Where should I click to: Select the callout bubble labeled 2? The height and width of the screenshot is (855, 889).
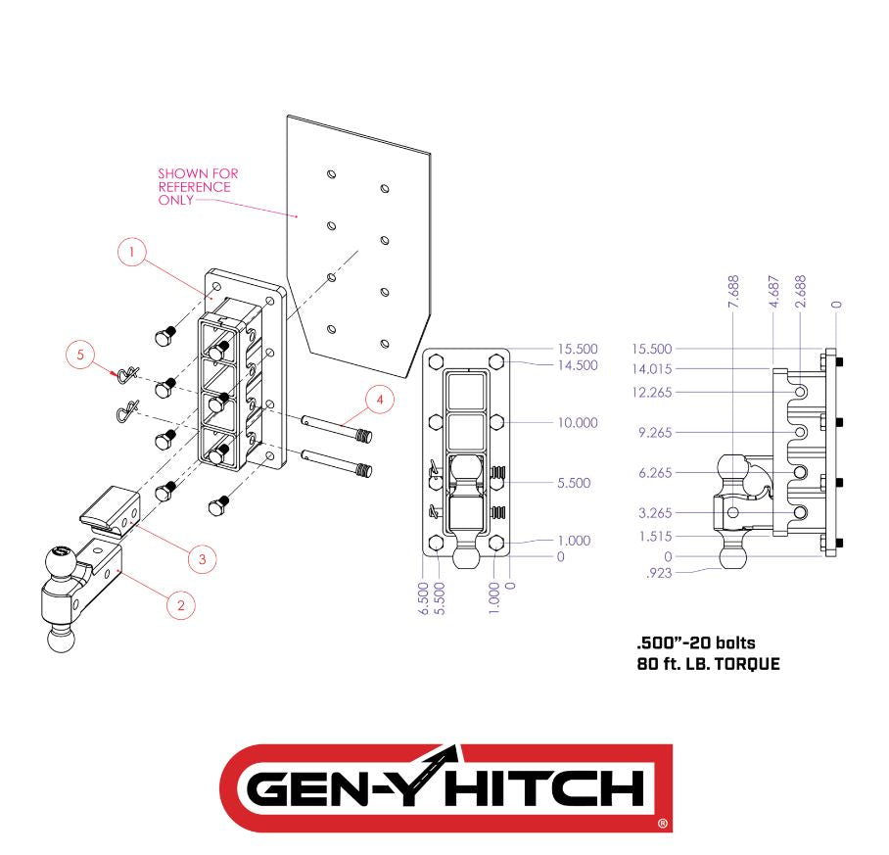tap(180, 605)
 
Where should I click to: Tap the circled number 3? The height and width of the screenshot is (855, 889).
tap(202, 557)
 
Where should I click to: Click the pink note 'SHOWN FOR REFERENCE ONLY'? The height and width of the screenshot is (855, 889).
tap(197, 187)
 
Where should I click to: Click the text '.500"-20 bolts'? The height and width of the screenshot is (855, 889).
tap(695, 643)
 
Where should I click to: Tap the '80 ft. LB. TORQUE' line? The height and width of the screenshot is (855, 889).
tap(708, 665)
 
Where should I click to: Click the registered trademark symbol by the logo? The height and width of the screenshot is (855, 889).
tap(663, 824)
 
